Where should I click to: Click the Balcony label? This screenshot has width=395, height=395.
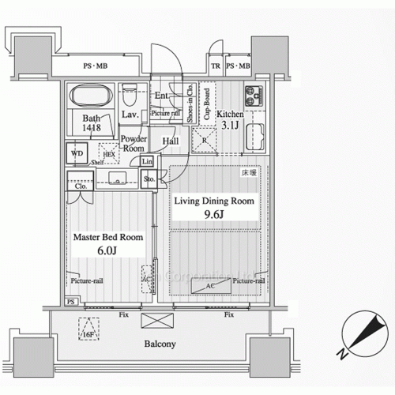pos(160,344)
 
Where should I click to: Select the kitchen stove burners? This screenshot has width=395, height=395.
pos(254,94)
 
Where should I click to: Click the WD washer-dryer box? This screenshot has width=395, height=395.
pos(77,153)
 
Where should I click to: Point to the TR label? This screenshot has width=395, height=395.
pos(215,66)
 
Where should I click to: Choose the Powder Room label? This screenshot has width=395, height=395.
pos(132,144)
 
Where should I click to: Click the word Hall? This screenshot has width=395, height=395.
pos(171,141)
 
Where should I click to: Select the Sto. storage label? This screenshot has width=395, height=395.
pos(149,179)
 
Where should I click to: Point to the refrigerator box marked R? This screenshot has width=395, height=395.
pos(205,141)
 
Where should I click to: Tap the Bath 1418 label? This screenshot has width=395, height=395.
pos(91,123)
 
